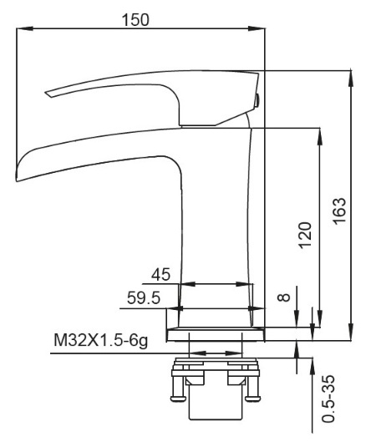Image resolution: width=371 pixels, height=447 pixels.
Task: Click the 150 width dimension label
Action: (135, 20)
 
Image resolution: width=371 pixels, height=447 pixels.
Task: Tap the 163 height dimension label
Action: (339, 211)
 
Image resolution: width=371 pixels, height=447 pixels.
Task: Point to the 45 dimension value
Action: (160, 275)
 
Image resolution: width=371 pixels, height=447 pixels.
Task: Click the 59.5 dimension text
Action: (144, 298)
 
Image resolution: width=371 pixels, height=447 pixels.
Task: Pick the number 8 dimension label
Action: (284, 297)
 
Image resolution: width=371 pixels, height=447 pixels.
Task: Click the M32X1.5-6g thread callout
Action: (101, 340)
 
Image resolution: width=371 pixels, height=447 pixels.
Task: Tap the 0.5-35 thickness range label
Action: (328, 399)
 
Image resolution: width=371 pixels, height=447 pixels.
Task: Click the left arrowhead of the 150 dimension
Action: (25, 28)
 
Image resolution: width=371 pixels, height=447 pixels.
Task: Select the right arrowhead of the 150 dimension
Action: (257, 28)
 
